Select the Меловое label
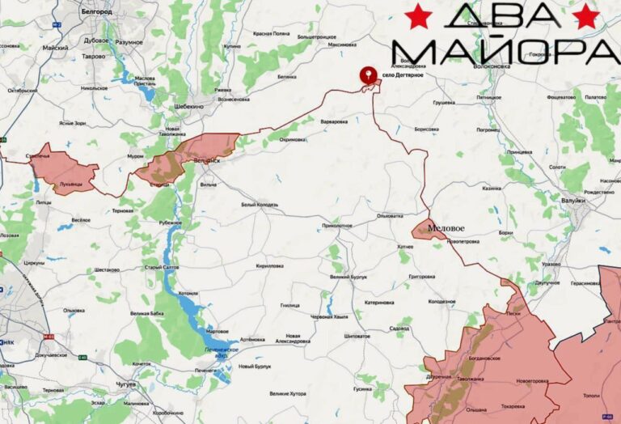pyautogui.click(x=448, y=229)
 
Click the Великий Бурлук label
pyautogui.click(x=349, y=277)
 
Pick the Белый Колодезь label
pyautogui.click(x=259, y=205)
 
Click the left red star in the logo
pyautogui.click(x=418, y=15)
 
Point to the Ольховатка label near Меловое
pyautogui.click(x=389, y=215)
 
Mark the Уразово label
pyautogui.click(x=551, y=264)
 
